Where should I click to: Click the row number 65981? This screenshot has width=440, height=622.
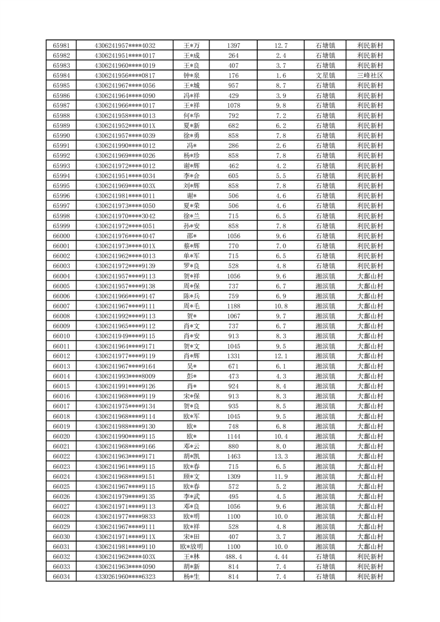click(61, 45)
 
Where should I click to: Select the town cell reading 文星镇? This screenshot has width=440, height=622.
click(325, 75)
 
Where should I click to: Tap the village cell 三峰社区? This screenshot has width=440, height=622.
click(370, 75)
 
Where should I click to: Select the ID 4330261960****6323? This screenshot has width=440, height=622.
click(125, 577)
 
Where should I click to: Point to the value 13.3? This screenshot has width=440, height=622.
click(280, 456)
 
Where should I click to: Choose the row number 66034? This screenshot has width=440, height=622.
click(61, 577)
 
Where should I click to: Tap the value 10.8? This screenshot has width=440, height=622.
click(280, 306)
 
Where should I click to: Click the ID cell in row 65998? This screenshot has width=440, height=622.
click(125, 216)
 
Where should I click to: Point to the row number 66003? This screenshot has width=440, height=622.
click(61, 266)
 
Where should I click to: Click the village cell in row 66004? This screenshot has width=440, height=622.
click(370, 276)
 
